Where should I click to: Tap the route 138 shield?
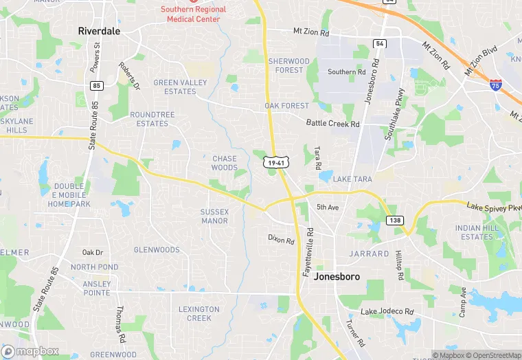[395, 221]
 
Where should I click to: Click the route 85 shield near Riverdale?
[95, 85]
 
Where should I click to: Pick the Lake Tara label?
[352, 179]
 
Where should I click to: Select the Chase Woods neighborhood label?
[224, 163]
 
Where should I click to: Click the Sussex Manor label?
[214, 216]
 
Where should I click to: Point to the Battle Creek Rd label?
[332, 124]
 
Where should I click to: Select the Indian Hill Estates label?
[478, 232]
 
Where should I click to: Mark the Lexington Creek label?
[199, 313]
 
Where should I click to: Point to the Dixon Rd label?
[281, 240]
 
